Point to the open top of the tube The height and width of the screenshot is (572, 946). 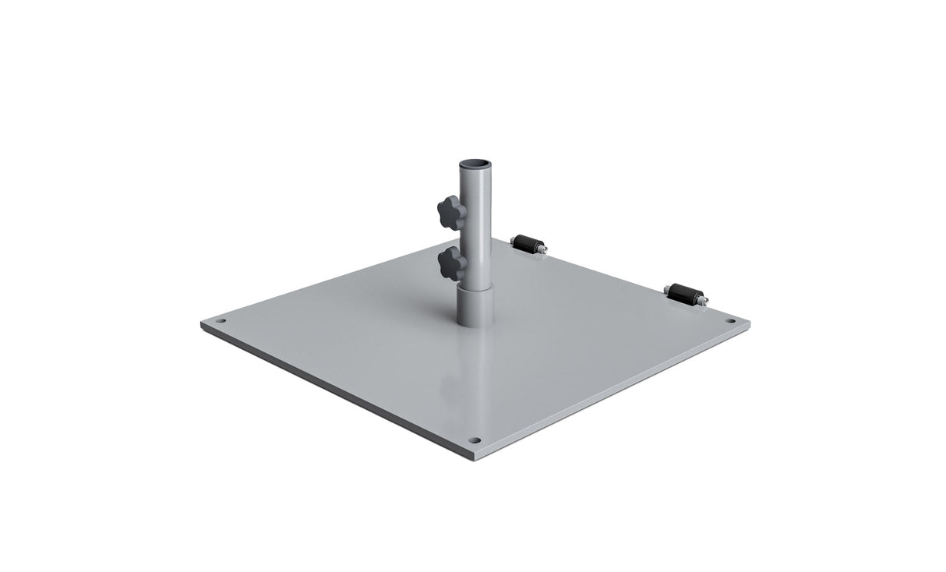pos(475,165)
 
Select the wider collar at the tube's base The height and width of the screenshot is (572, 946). pos(475,305)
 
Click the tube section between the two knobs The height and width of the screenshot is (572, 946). pos(476,238)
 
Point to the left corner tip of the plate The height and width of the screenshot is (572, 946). pos(201,322)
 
